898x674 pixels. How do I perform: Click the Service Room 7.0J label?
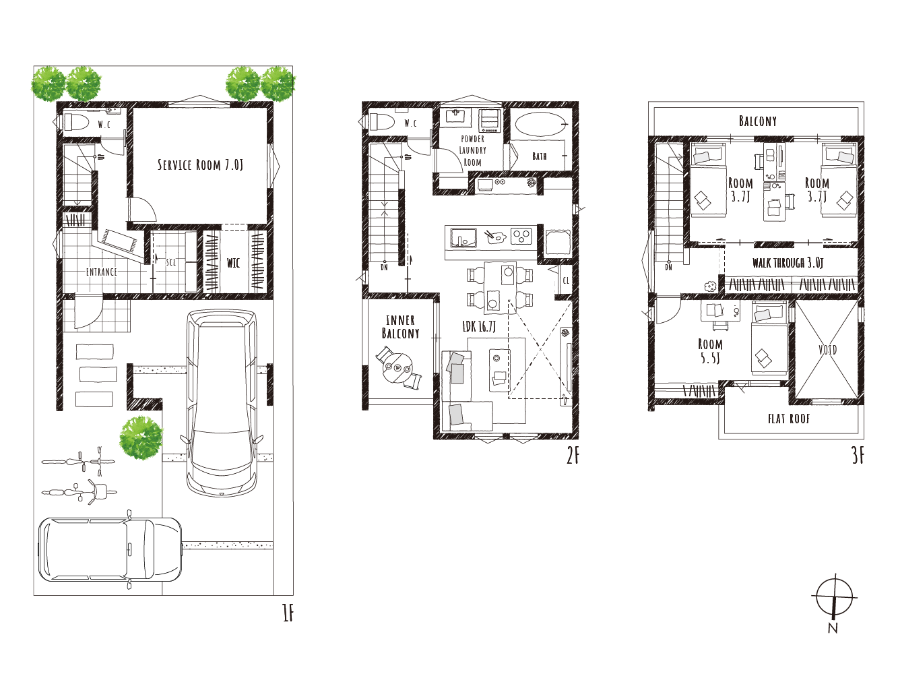[201, 165]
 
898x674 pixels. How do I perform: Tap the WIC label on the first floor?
[233, 263]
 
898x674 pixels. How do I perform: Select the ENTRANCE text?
[102, 272]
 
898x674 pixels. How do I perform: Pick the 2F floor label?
[573, 456]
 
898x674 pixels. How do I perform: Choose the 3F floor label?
[858, 456]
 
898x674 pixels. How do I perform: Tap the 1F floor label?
[288, 613]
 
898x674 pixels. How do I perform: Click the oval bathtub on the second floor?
[540, 124]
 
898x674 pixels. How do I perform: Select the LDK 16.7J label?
[479, 326]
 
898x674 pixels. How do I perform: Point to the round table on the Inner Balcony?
[397, 368]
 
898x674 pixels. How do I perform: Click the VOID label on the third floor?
[828, 350]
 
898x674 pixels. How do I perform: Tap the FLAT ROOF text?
[789, 419]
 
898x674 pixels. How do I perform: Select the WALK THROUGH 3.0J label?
[788, 263]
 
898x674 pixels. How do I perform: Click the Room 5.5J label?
[710, 351]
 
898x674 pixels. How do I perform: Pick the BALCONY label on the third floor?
[758, 121]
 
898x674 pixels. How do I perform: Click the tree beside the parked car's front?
[141, 438]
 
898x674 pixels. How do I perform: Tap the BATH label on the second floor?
[540, 156]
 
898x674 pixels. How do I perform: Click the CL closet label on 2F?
[566, 281]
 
